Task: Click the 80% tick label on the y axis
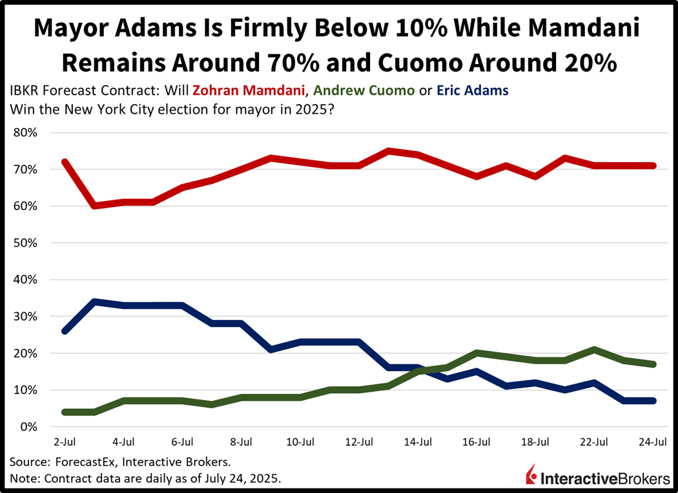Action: [x=27, y=133]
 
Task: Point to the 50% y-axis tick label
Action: [x=27, y=244]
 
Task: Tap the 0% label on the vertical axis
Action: [x=30, y=427]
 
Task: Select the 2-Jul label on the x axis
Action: [x=65, y=443]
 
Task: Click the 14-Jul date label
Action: [x=418, y=443]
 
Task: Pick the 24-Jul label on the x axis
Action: [x=653, y=443]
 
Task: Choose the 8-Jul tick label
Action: [x=241, y=443]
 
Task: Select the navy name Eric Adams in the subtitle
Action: [x=471, y=90]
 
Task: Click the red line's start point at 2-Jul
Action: [x=65, y=162]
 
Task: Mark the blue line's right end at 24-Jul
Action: [x=653, y=401]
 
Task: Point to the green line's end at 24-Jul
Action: [x=653, y=364]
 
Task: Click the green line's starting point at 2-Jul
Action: [x=65, y=412]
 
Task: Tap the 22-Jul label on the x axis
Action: [x=594, y=443]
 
